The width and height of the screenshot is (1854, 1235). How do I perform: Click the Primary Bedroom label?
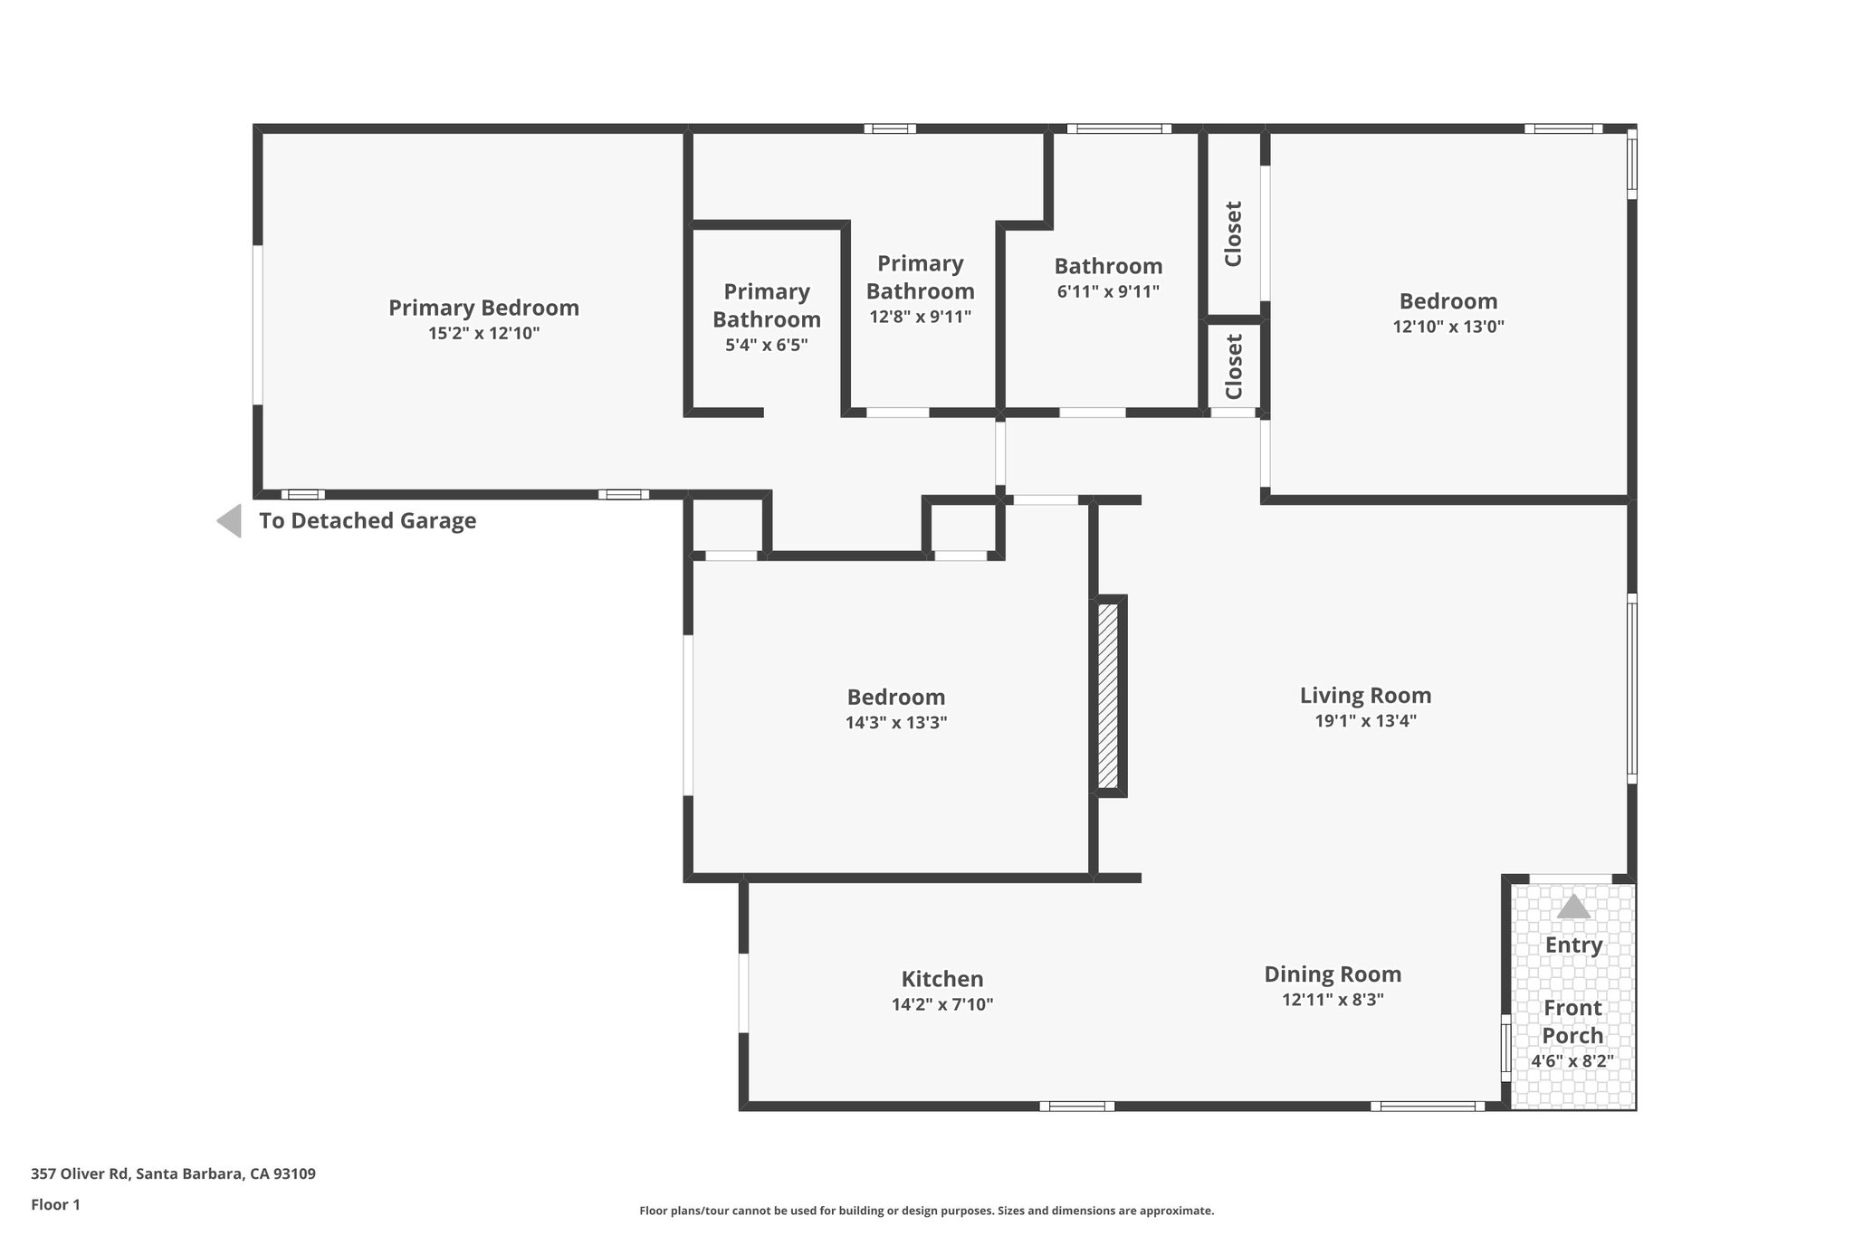tap(483, 308)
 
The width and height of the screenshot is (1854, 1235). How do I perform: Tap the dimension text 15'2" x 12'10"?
tap(483, 334)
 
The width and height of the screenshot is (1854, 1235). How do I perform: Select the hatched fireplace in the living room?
tap(1108, 696)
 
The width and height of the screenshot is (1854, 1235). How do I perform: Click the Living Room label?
tap(1365, 696)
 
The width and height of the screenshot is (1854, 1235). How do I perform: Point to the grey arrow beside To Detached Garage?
tap(230, 521)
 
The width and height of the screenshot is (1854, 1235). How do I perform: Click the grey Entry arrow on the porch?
tap(1573, 907)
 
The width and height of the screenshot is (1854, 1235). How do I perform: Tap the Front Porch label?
tap(1572, 1021)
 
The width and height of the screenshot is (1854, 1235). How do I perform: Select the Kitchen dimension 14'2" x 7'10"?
tap(941, 1004)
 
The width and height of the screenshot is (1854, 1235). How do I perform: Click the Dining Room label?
tap(1333, 974)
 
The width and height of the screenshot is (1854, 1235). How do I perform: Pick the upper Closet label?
tap(1233, 233)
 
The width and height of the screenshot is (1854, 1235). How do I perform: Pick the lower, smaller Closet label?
tap(1233, 366)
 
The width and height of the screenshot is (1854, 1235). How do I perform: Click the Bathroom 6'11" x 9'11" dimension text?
tap(1108, 292)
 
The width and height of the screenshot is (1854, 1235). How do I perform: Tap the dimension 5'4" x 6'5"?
tap(766, 345)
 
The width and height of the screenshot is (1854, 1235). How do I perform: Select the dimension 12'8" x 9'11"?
tap(920, 317)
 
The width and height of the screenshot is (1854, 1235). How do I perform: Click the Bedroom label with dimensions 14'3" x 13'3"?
tap(895, 698)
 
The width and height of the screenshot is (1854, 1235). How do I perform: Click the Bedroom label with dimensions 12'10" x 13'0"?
tap(1448, 301)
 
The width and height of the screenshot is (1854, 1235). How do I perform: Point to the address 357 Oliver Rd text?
tap(173, 1174)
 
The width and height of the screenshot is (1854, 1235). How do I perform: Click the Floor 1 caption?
tap(55, 1204)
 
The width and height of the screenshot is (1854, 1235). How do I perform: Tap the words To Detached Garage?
tap(368, 521)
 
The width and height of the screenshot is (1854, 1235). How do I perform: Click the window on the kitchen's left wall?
tap(743, 993)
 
